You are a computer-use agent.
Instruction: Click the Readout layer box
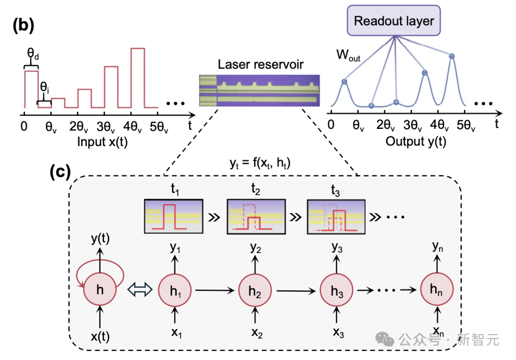click(x=394, y=21)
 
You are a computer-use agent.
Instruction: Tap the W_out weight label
click(x=348, y=55)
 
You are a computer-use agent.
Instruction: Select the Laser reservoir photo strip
click(x=259, y=90)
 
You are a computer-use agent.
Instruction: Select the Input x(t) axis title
click(x=104, y=141)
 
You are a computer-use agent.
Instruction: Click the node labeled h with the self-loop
click(x=100, y=289)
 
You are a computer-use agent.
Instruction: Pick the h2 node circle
click(x=255, y=289)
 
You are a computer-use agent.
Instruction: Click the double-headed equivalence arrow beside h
click(x=139, y=289)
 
